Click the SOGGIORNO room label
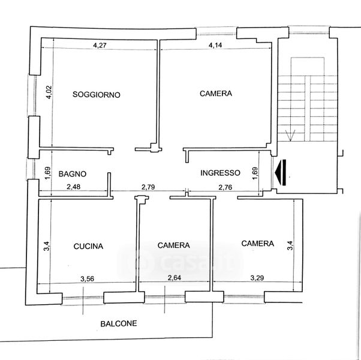[97, 94]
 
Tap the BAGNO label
[73, 173]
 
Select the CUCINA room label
[88, 246]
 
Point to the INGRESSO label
[220, 173]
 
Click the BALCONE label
[119, 323]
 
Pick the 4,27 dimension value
[100, 45]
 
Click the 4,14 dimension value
[215, 45]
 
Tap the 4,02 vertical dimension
[49, 92]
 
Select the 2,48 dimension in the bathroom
[73, 187]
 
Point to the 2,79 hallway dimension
[148, 187]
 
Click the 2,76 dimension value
[225, 187]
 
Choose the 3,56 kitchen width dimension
[88, 279]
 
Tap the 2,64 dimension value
[175, 278]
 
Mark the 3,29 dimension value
[257, 278]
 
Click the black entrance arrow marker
[281, 172]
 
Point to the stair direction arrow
[290, 136]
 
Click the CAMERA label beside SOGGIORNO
[216, 93]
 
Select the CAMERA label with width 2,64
[173, 245]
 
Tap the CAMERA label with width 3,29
[258, 244]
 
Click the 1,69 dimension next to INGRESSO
[255, 173]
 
